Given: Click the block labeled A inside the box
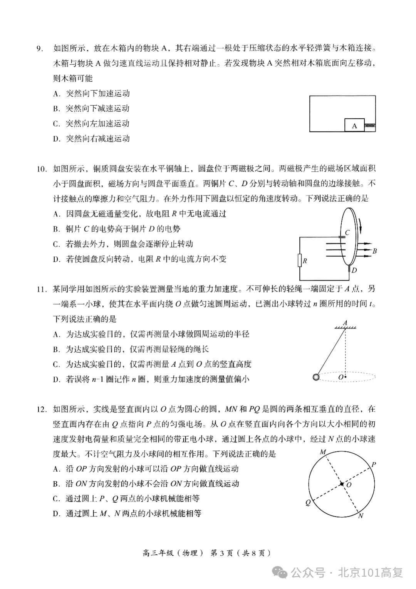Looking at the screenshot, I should (x=354, y=125).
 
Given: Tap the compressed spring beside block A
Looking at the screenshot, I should (x=370, y=125).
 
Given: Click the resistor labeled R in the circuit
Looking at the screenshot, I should (x=300, y=261).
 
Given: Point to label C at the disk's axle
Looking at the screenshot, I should (x=347, y=232).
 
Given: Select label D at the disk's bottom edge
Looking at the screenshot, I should (x=354, y=270).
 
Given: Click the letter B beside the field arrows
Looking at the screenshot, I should (x=374, y=251).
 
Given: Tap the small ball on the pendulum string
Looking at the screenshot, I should (x=316, y=377).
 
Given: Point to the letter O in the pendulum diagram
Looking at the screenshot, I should (x=340, y=377).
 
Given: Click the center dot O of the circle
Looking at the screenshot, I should (x=341, y=484).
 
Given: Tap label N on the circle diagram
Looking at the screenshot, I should (x=360, y=516).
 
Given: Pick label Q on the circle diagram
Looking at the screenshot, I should (x=308, y=503).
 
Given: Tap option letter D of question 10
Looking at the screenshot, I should (x=56, y=259).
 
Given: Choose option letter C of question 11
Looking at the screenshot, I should (x=56, y=364).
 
